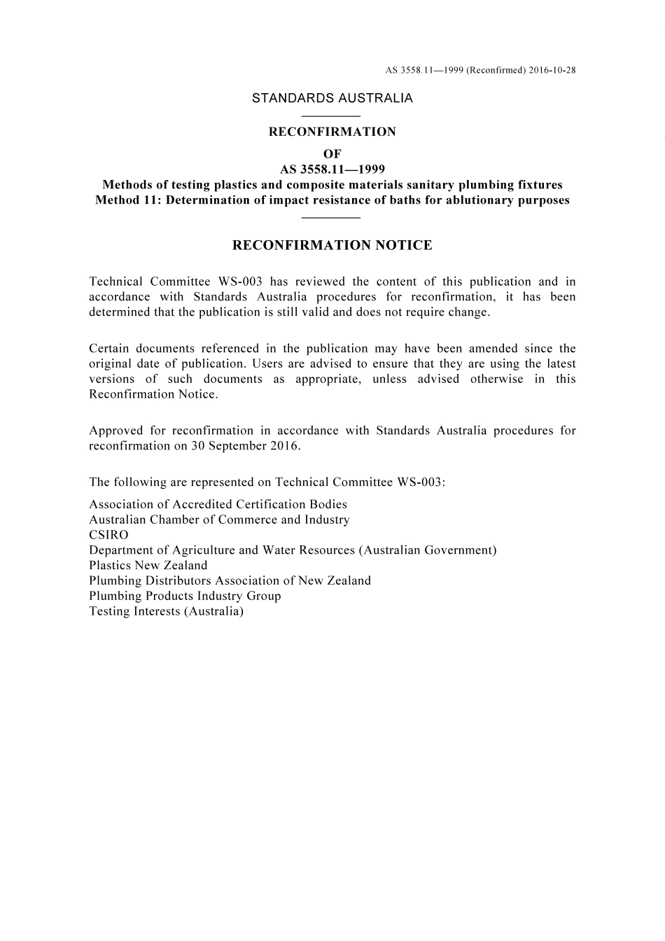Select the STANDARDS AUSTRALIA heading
(x=332, y=98)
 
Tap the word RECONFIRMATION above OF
(x=332, y=132)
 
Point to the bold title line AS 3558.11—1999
(x=332, y=169)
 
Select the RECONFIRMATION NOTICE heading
(x=332, y=245)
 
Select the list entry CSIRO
(x=108, y=535)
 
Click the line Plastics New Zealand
(x=148, y=565)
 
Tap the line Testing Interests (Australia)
(x=166, y=611)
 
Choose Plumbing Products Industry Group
(x=185, y=596)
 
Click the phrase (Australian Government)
(x=428, y=550)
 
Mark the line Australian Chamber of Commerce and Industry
(x=219, y=520)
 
